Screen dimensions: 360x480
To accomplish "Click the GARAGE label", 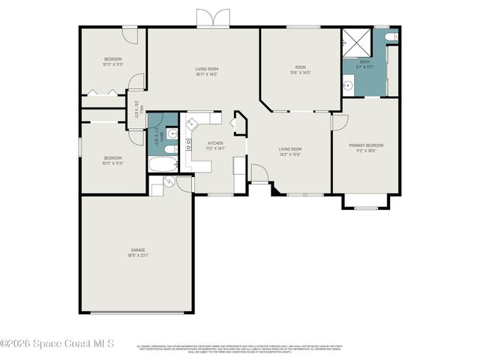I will point(138,250).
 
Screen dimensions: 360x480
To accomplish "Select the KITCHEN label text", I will point(215,142).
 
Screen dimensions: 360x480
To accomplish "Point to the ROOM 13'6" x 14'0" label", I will point(299,67).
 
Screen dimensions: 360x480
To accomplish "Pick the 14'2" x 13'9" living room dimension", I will point(289,154).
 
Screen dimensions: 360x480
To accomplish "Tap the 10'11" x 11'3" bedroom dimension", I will point(112,64).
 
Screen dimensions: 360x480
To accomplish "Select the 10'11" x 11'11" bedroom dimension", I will point(112,163).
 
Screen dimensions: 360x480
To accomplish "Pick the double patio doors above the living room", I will point(212,19).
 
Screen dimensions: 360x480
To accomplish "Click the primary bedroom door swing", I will point(338,122).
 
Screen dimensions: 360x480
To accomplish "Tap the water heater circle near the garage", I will point(169,181).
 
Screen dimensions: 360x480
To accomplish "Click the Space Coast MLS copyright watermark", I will point(56,343).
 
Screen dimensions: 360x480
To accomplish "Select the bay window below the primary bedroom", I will point(367,202).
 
